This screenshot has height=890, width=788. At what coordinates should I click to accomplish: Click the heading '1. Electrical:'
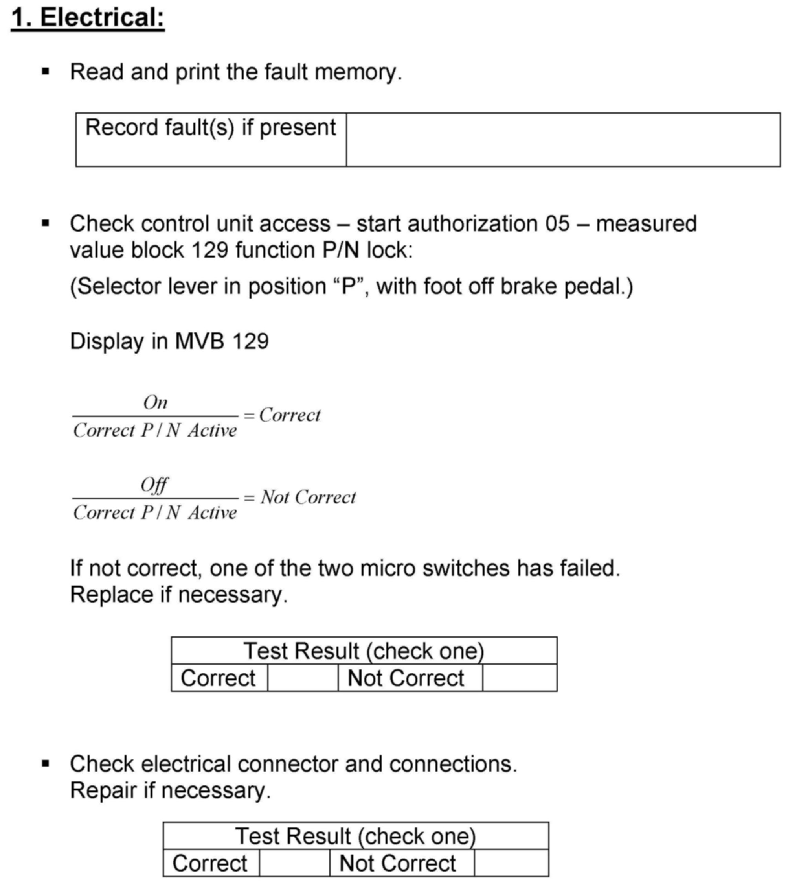(88, 18)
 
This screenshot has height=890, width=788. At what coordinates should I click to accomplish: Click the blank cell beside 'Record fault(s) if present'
(563, 140)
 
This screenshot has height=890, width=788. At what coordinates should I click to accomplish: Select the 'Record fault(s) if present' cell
(211, 140)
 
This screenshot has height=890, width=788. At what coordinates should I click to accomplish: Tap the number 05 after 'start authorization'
(557, 224)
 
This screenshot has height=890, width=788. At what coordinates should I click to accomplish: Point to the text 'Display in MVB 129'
(169, 341)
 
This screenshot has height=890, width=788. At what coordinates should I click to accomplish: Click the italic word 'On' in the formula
(155, 402)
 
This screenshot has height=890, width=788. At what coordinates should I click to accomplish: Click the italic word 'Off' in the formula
(154, 485)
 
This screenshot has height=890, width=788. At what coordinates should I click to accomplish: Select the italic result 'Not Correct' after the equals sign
(308, 497)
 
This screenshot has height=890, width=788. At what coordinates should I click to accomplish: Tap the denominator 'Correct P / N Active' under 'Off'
(155, 513)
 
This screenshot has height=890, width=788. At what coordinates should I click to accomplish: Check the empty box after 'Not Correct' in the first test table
(520, 678)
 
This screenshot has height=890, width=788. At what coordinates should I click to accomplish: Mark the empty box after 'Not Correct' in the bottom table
(511, 863)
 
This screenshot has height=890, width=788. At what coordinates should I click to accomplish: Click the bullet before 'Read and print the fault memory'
(46, 72)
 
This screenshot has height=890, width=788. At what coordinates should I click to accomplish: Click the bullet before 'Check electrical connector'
(46, 764)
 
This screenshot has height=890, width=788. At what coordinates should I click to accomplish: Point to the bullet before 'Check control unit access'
(46, 224)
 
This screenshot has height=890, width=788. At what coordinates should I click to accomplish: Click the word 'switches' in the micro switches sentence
(466, 568)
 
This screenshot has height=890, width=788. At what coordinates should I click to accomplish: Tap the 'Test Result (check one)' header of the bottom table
(356, 836)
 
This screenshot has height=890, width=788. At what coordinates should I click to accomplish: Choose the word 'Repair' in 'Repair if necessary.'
(103, 790)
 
